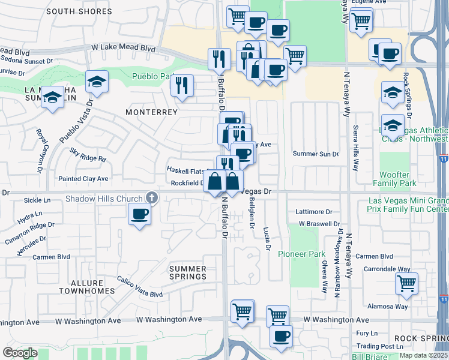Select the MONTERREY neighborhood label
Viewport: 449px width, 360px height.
pos(152,112)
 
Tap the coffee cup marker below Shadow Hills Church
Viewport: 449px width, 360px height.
pos(140,214)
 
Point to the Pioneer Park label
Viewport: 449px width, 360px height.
pos(301,254)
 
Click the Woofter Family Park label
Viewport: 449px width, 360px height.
pos(394,178)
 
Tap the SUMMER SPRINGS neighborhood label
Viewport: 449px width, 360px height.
pos(188,273)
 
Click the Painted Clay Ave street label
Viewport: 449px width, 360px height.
pos(83,179)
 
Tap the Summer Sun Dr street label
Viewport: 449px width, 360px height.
pos(316,154)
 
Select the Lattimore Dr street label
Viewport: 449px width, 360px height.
pos(314,212)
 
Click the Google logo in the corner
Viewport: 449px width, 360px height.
pos(20,353)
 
